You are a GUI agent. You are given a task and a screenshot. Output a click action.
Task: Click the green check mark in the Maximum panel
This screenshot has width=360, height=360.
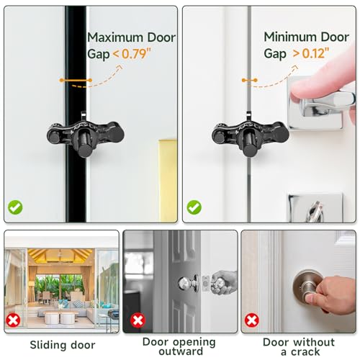coord(15,207)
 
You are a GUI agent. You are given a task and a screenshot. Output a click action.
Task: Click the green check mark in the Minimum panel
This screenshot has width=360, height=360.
coord(194,207)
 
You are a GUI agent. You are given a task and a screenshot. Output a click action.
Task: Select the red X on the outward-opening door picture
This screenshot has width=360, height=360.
coord(136,319)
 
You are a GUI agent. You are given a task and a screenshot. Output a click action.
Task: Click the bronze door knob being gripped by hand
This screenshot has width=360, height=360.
coord(306,289)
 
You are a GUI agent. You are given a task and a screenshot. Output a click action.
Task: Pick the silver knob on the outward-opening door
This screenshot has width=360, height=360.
coord(184,282)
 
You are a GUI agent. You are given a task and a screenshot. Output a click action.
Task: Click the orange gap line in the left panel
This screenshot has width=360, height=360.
coord(76,79)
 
